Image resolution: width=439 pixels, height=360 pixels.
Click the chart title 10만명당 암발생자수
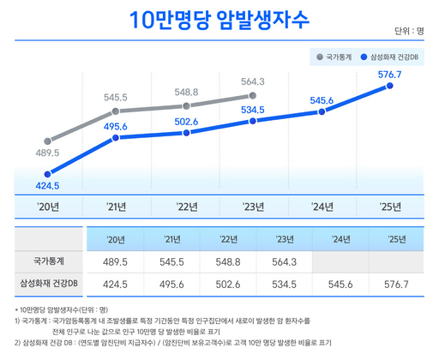(x=219, y=20)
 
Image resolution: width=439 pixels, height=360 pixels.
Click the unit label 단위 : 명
(x=409, y=31)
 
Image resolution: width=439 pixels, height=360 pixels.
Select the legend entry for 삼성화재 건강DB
(x=390, y=57)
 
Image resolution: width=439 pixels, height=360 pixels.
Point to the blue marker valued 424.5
(x=48, y=173)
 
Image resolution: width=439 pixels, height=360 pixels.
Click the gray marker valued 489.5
(x=48, y=141)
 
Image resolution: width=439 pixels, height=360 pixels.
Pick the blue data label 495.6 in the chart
(x=115, y=127)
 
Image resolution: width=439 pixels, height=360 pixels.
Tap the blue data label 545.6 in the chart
(x=321, y=100)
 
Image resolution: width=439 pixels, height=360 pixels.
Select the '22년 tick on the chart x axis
(x=186, y=206)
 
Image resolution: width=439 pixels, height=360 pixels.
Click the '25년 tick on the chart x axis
(x=390, y=206)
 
